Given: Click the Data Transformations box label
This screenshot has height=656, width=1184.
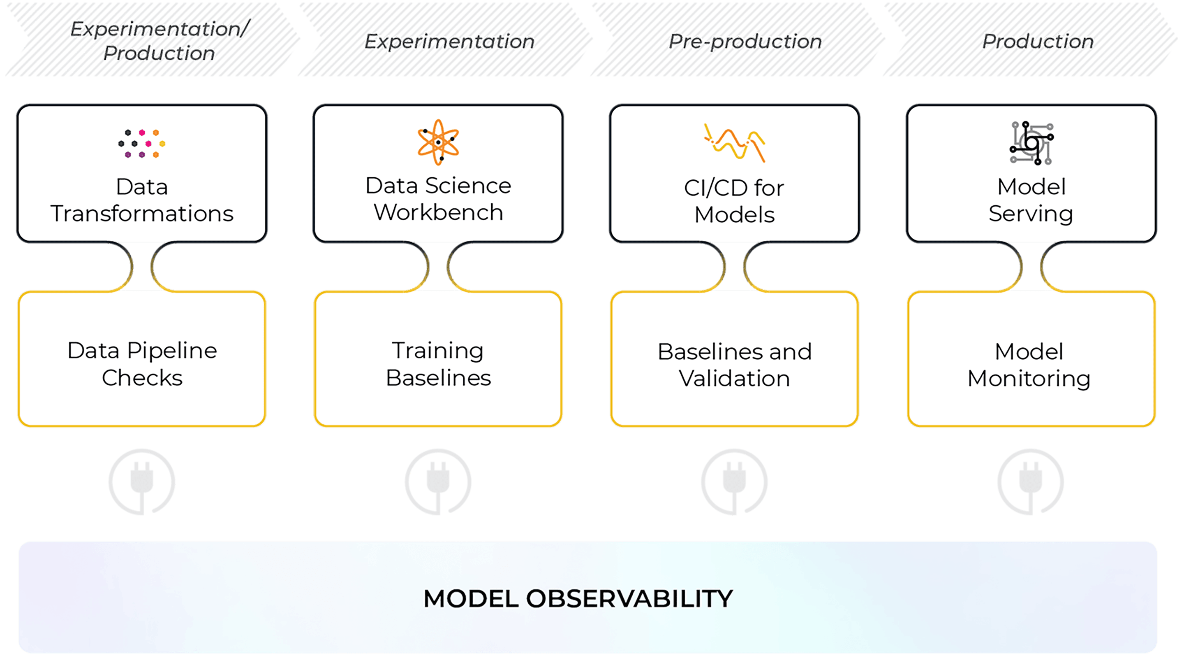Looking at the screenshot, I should [142, 200].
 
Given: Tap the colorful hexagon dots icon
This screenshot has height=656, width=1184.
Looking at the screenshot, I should [141, 144].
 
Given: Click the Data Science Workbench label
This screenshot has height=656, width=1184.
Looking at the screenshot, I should [438, 199].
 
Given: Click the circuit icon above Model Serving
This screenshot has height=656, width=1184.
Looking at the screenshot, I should [1031, 143].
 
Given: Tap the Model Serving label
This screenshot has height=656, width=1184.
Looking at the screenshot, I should [1031, 200].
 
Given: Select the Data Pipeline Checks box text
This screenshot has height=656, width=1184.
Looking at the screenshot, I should [142, 364].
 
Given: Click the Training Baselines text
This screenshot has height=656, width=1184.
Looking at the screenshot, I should [438, 364].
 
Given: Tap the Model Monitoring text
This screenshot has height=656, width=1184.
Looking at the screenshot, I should [1029, 365].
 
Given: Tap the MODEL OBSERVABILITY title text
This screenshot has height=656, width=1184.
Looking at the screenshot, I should [578, 598].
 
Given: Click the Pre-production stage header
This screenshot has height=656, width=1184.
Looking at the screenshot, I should [745, 42].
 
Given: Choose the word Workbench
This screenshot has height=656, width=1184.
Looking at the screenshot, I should [438, 212].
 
